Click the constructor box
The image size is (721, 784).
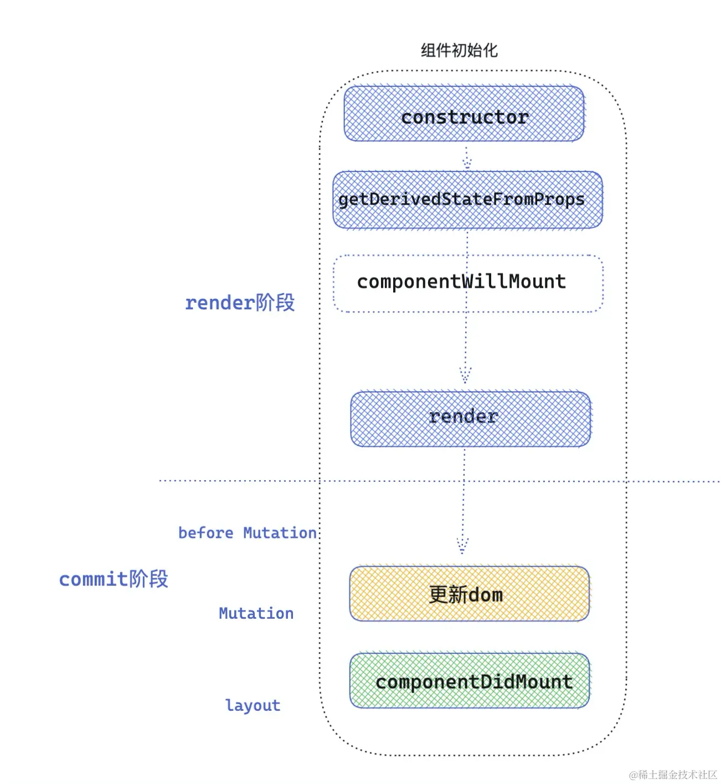[x=463, y=113]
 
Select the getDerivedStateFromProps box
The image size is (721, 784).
[x=467, y=200]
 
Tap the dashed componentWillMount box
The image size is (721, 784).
[x=468, y=283]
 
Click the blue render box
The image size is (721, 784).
[x=470, y=419]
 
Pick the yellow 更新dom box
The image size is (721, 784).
[x=469, y=593]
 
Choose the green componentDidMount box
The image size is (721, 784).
[x=470, y=680]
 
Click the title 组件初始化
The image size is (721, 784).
[x=459, y=50]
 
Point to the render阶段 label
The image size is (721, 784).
[x=240, y=303]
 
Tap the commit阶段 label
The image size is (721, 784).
[x=114, y=579]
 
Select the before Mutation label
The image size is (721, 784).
[x=248, y=533]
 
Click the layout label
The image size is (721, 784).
[x=253, y=705]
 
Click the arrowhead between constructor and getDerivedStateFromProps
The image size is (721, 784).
[x=467, y=164]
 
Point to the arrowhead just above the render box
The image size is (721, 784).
[x=465, y=375]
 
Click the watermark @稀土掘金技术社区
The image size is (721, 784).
[x=673, y=774]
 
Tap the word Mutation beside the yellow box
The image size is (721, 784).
[x=256, y=613]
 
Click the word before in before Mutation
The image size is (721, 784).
[x=205, y=533]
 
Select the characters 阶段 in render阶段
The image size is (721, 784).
[x=275, y=303]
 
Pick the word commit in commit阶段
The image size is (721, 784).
[x=94, y=579]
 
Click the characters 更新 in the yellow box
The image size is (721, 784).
[x=448, y=594]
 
